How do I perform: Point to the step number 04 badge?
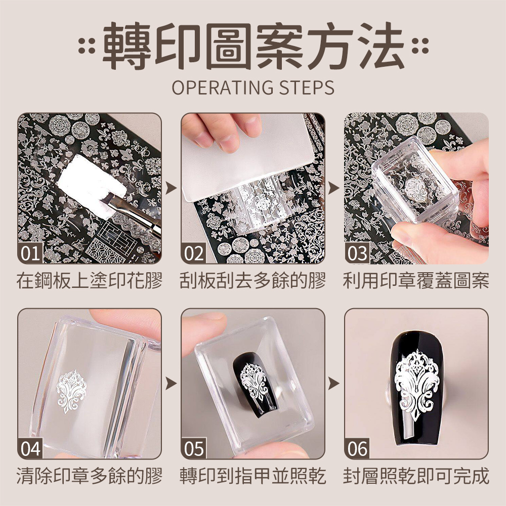coord(30,448)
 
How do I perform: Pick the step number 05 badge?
coord(194,448)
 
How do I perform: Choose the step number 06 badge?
coord(357,448)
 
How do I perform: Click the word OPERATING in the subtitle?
coord(223,88)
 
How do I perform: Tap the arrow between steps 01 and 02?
coord(172,188)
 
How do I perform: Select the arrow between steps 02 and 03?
coord(334,188)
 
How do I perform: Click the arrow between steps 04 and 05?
coord(172,384)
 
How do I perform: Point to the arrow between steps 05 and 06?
coord(334,384)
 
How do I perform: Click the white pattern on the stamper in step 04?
coord(71,391)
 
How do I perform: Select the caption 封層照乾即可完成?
coord(416,476)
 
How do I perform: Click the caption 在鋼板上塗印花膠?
coord(90,280)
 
